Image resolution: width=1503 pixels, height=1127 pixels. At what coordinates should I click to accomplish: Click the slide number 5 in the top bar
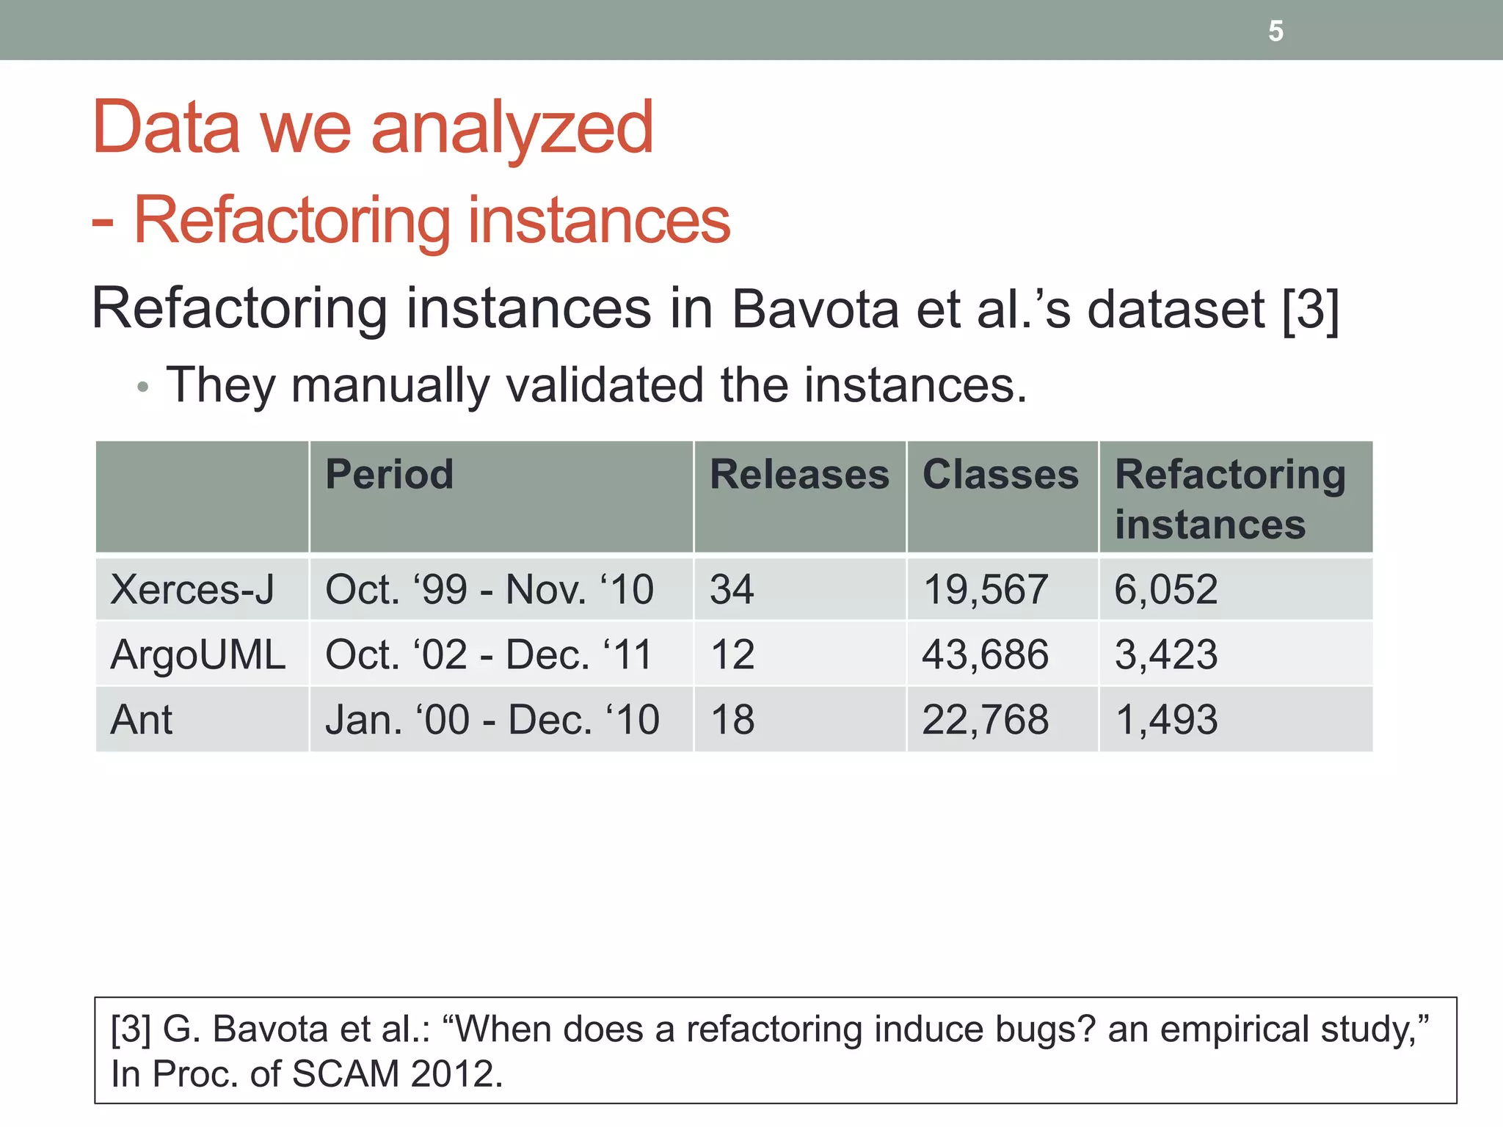tap(1275, 32)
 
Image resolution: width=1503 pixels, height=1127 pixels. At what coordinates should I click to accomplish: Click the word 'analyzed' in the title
tap(512, 129)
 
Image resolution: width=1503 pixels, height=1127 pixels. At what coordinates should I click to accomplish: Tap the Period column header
tap(390, 474)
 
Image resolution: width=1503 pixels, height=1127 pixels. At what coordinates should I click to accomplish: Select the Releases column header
tap(799, 474)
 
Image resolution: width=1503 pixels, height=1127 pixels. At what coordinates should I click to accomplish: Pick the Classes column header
tap(1000, 474)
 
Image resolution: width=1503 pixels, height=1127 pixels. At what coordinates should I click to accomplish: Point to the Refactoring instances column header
tap(1230, 499)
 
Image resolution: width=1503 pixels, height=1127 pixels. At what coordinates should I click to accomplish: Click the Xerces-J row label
tap(192, 589)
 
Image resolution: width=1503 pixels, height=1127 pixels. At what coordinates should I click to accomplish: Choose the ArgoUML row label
tap(198, 654)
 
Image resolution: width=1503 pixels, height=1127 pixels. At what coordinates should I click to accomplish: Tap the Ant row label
tap(142, 719)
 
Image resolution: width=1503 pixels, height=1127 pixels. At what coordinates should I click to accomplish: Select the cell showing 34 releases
tap(732, 589)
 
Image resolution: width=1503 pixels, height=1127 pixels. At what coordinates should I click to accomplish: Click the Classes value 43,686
tap(985, 654)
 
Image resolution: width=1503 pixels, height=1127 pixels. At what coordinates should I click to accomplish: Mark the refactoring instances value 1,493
tap(1166, 719)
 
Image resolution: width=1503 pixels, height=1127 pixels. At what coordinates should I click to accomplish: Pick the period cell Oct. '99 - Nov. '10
tap(490, 589)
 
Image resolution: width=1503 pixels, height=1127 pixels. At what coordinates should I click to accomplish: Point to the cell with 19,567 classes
tap(985, 589)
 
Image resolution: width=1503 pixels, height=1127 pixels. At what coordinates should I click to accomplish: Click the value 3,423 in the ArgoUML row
tap(1166, 654)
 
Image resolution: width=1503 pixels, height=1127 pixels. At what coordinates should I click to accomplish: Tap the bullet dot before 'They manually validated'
tap(143, 387)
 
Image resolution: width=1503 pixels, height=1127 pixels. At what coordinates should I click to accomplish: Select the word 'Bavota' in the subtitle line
tap(815, 309)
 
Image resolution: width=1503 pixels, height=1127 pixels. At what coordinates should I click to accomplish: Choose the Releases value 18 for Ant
tap(732, 719)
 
